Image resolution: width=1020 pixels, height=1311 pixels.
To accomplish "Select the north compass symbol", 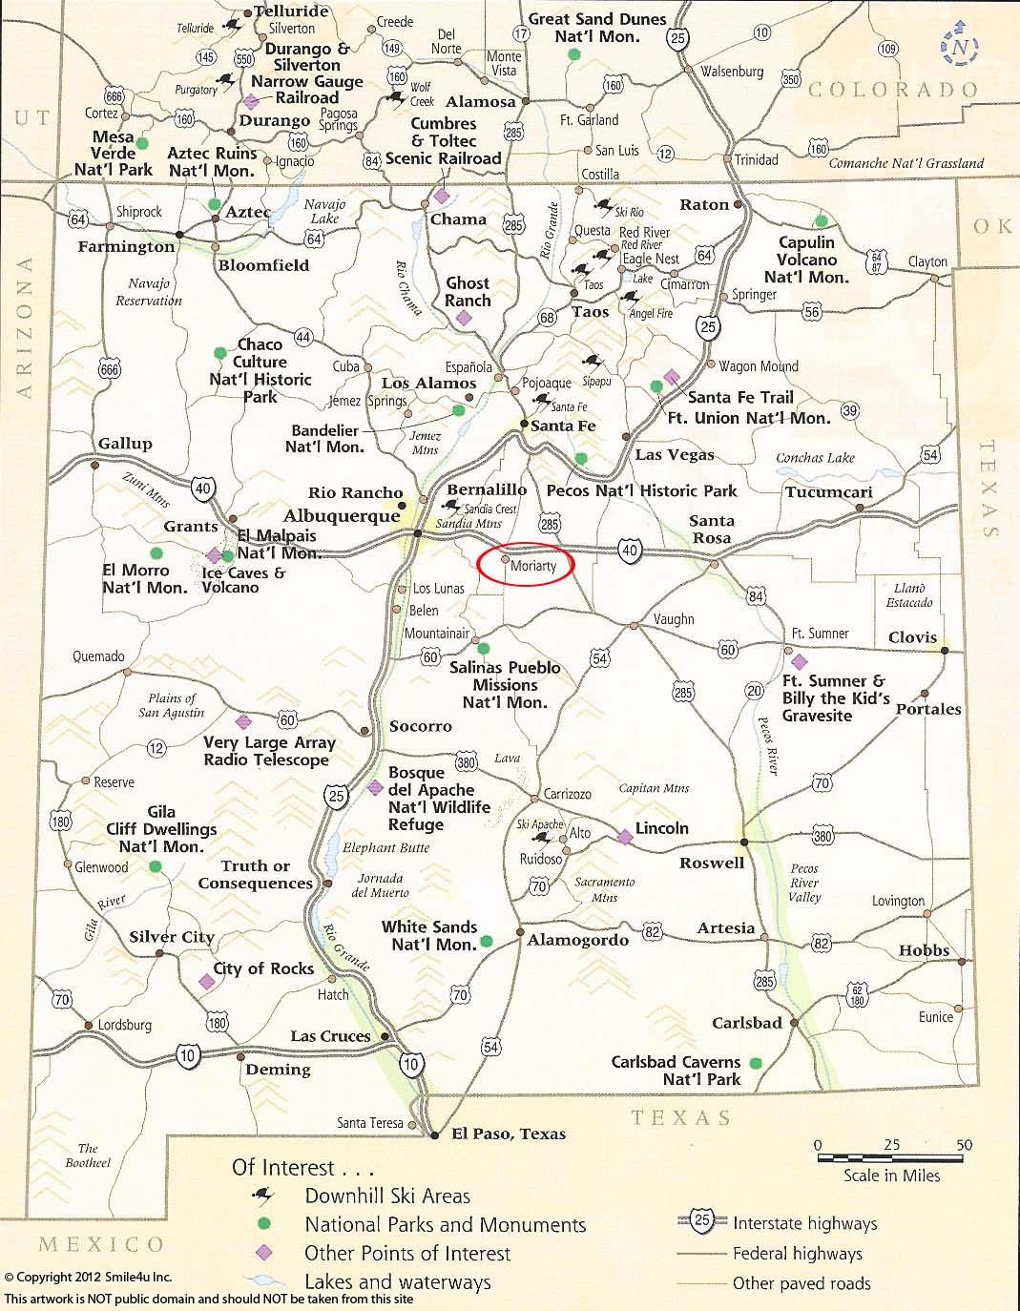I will coord(960,47).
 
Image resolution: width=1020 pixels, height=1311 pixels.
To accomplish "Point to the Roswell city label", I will coord(711,863).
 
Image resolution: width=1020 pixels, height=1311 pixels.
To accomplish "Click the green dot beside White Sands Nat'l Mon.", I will coord(487,941).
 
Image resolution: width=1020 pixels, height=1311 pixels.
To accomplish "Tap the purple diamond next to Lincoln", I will coord(624,837).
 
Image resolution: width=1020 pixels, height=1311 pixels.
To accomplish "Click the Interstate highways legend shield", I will coord(702,1221).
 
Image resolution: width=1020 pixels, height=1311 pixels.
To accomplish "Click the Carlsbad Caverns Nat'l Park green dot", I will coord(757,1062).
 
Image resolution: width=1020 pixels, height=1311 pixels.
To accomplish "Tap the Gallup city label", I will coord(124,444).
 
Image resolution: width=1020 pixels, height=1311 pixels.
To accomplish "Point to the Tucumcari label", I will coord(828,492).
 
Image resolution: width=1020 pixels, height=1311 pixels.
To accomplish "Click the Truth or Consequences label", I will coord(255,875).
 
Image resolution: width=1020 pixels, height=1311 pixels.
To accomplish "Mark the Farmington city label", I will coord(127,247).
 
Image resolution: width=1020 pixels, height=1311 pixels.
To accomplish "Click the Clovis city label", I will coord(912,637).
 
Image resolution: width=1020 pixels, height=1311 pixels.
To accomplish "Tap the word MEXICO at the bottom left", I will coord(101,1243).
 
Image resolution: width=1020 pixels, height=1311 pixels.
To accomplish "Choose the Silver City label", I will coord(172,937).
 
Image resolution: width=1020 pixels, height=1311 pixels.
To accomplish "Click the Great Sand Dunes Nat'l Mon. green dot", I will coord(572,55).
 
